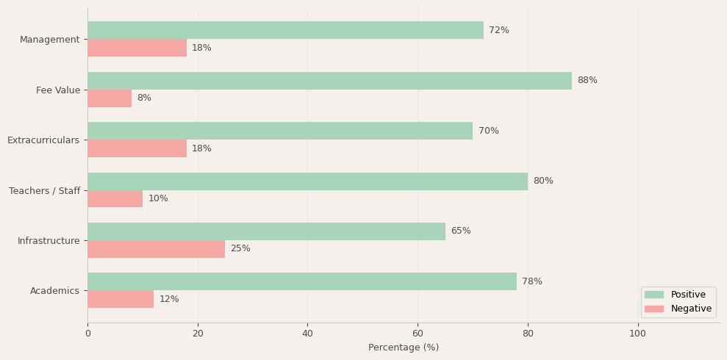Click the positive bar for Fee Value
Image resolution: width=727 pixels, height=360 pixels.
pyautogui.click(x=329, y=81)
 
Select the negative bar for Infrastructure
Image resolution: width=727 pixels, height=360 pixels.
pyautogui.click(x=156, y=249)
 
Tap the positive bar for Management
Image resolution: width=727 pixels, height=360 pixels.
pyautogui.click(x=285, y=30)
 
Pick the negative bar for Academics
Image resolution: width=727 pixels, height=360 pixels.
pyautogui.click(x=121, y=299)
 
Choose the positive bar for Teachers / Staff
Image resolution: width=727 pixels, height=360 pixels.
pyautogui.click(x=307, y=181)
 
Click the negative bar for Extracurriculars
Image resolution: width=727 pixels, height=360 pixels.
pyautogui.click(x=137, y=148)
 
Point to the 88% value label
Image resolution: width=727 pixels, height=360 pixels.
pyautogui.click(x=587, y=81)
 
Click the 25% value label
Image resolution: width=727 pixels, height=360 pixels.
pyautogui.click(x=240, y=249)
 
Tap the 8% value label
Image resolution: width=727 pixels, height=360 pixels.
pyautogui.click(x=144, y=98)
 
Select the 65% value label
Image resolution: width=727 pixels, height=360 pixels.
pyautogui.click(x=461, y=231)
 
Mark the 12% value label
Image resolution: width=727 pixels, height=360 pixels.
pyautogui.click(x=169, y=299)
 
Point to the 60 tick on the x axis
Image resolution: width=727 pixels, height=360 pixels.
pyautogui.click(x=418, y=334)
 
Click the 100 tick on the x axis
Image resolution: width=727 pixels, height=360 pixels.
pyautogui.click(x=638, y=334)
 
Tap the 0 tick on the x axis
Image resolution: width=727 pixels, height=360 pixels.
pyautogui.click(x=87, y=334)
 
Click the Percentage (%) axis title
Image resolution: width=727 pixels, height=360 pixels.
pyautogui.click(x=404, y=348)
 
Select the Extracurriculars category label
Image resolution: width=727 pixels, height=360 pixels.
pyautogui.click(x=43, y=140)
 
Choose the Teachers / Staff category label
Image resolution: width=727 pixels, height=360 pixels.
pyautogui.click(x=44, y=191)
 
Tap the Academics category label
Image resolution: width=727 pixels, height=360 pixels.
pyautogui.click(x=54, y=291)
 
